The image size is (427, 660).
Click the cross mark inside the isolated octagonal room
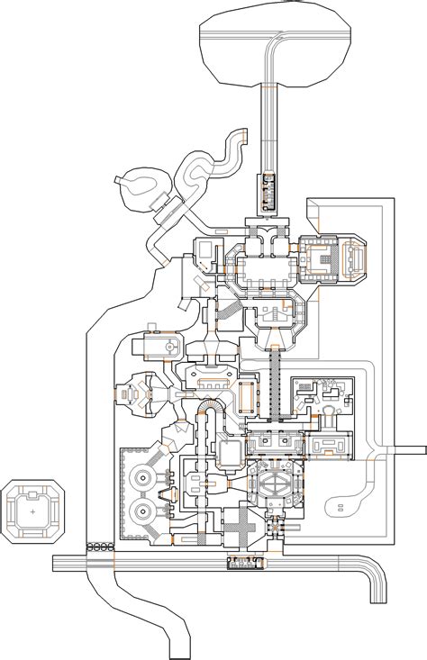tap(32, 511)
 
